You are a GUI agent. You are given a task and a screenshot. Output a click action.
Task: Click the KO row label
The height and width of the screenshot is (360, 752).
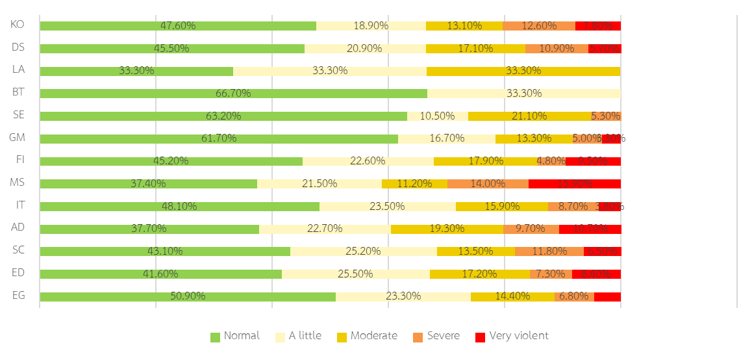pyautogui.click(x=18, y=25)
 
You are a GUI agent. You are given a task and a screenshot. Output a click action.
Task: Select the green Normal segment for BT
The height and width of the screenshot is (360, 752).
pyautogui.click(x=233, y=94)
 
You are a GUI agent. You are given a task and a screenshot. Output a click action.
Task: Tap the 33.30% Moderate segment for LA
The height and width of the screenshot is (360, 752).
pyautogui.click(x=523, y=71)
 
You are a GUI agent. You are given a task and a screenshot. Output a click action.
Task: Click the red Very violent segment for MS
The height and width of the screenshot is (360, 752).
pyautogui.click(x=574, y=184)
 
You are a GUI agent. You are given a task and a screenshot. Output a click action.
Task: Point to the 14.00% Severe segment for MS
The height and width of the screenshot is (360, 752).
pyautogui.click(x=488, y=184)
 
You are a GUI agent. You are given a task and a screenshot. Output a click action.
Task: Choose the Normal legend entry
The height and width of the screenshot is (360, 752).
pyautogui.click(x=235, y=336)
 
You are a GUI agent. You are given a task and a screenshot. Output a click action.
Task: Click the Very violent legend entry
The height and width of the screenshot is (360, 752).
pyautogui.click(x=512, y=336)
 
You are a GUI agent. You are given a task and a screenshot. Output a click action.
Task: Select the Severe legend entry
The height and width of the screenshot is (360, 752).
pyautogui.click(x=436, y=336)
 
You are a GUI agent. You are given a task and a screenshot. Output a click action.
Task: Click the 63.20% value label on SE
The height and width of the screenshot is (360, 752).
pyautogui.click(x=223, y=116)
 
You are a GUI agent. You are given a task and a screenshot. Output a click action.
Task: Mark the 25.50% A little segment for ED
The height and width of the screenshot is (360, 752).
pyautogui.click(x=355, y=274)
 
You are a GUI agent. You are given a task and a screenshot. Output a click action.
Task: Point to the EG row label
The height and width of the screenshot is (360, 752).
pyautogui.click(x=19, y=296)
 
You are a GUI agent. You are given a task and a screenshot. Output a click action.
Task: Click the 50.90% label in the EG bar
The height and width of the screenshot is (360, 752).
pyautogui.click(x=188, y=296)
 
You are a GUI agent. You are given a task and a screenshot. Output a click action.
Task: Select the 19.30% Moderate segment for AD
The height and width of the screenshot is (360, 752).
pyautogui.click(x=447, y=229)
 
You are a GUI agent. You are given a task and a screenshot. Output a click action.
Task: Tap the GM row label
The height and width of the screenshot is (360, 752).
pyautogui.click(x=18, y=138)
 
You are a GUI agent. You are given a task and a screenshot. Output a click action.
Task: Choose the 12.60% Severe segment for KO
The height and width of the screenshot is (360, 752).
pyautogui.click(x=539, y=26)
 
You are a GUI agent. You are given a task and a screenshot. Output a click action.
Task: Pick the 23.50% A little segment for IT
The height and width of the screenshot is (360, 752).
pyautogui.click(x=387, y=207)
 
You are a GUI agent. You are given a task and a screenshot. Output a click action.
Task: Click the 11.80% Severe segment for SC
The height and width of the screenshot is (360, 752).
pyautogui.click(x=549, y=251)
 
